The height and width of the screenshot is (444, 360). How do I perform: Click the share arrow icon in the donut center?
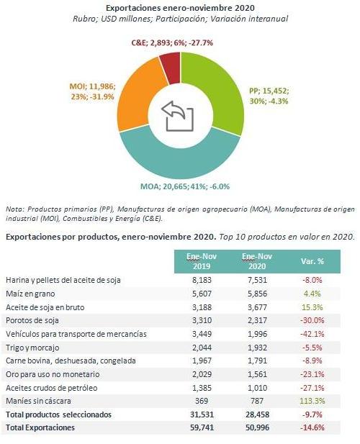(x=178, y=116)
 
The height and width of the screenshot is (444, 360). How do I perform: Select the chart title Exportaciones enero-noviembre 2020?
(x=180, y=8)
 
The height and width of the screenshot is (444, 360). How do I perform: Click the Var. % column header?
(x=312, y=261)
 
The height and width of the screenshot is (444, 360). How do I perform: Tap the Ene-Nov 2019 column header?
(x=202, y=261)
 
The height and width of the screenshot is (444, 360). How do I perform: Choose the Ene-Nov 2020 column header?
(x=257, y=261)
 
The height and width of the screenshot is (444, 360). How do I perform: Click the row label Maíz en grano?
(x=30, y=294)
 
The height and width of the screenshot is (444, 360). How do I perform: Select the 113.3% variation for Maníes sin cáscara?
(x=312, y=401)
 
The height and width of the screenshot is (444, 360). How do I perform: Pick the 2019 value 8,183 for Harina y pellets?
(x=202, y=280)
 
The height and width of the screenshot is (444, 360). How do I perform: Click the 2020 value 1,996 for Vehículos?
(x=257, y=334)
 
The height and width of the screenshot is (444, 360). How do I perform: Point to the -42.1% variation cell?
(x=312, y=334)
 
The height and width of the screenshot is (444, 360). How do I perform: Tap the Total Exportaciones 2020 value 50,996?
(x=257, y=427)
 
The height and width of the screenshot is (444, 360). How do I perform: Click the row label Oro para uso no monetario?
(x=53, y=374)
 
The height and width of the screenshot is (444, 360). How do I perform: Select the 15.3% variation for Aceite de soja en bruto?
(x=312, y=307)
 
